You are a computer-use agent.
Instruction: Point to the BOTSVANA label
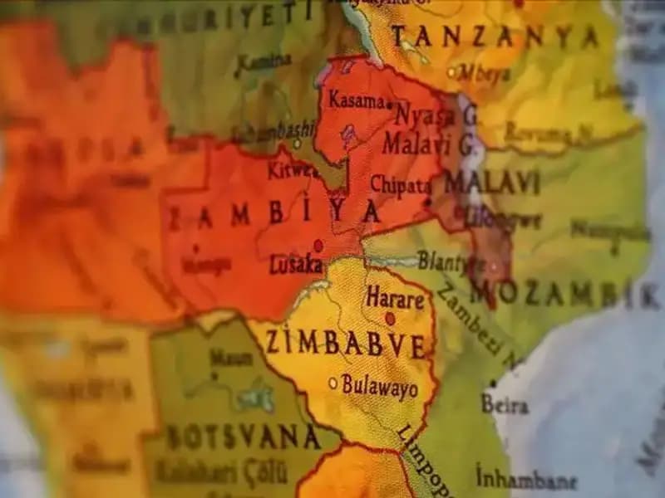tap(243, 437)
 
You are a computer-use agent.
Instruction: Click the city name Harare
tap(395, 298)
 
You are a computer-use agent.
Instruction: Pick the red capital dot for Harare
tap(390, 318)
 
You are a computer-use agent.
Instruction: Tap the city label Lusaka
tap(296, 265)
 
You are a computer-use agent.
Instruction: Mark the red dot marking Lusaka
tap(318, 246)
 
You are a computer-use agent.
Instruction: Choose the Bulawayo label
tap(380, 388)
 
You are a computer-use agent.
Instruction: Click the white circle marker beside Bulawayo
tap(333, 383)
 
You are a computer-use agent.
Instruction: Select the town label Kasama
tap(357, 100)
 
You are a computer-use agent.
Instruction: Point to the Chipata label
tap(400, 185)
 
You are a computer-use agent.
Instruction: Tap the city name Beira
tap(505, 405)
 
